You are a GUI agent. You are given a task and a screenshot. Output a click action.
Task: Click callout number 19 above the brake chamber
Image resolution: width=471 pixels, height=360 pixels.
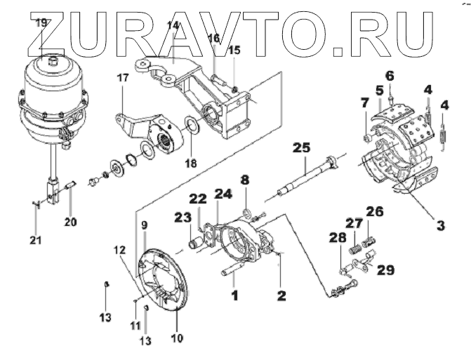(41, 22)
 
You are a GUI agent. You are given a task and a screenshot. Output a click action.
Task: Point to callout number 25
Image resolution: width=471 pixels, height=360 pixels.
(302, 148)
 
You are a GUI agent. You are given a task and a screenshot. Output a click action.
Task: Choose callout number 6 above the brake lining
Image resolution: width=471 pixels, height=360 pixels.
(390, 75)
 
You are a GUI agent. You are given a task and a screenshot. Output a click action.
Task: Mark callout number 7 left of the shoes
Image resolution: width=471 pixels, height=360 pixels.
(364, 103)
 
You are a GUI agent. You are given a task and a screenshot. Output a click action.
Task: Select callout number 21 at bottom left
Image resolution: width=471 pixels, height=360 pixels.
(36, 240)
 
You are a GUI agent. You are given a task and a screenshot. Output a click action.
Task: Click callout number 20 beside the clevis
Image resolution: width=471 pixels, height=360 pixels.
(70, 222)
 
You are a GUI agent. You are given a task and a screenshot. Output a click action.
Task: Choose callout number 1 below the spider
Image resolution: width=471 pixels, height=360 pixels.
(235, 295)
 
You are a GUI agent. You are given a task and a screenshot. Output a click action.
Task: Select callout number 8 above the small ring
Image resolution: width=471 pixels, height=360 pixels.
(245, 180)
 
